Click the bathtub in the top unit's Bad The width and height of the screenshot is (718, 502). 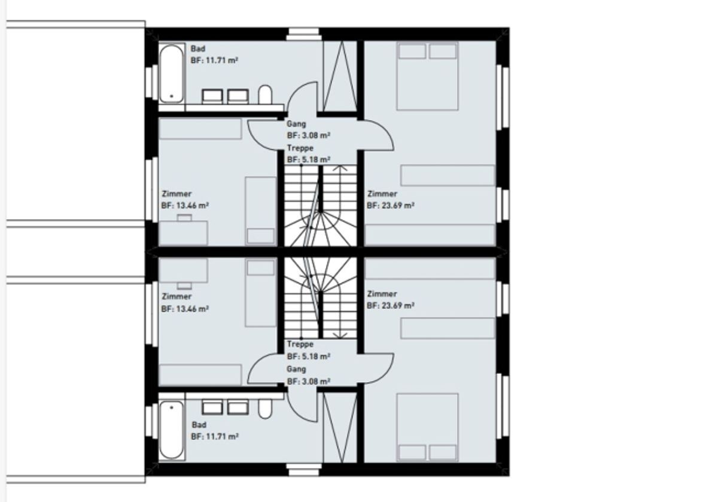[172, 74]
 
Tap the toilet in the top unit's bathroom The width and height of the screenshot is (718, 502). [265, 95]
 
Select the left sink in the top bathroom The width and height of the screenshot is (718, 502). [212, 96]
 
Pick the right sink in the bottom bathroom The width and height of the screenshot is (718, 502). [238, 407]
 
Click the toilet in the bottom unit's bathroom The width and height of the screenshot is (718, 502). [265, 409]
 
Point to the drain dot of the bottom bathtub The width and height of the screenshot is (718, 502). [172, 407]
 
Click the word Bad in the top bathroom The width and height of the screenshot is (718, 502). [198, 48]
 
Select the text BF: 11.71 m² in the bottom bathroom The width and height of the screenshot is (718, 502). [215, 436]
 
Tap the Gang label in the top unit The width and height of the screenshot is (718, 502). [296, 124]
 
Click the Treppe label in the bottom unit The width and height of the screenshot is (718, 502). [300, 344]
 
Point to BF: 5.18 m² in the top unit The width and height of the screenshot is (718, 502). [309, 159]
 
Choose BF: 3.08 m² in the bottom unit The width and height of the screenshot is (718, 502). [309, 382]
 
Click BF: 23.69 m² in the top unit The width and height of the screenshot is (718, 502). [390, 205]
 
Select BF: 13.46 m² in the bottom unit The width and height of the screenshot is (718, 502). [185, 309]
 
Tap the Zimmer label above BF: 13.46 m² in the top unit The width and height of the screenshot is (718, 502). [177, 194]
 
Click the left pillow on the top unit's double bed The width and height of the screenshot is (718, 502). [412, 51]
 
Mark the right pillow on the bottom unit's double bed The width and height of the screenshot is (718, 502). [443, 452]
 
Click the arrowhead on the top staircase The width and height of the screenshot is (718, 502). [340, 168]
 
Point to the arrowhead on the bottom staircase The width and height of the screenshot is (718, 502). [340, 336]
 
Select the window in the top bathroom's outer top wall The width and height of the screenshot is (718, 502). [303, 34]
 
